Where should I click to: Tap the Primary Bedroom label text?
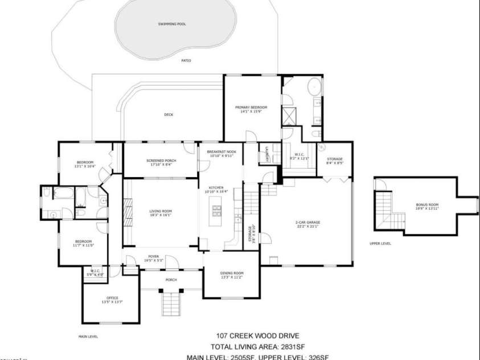coord(251,107)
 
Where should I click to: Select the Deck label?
coord(169,114)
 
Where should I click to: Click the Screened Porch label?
coord(161,161)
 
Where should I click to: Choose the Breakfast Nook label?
coord(221,153)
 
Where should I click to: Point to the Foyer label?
coord(154,256)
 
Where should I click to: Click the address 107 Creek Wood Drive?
coord(257,336)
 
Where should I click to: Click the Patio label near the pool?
coord(186,60)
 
